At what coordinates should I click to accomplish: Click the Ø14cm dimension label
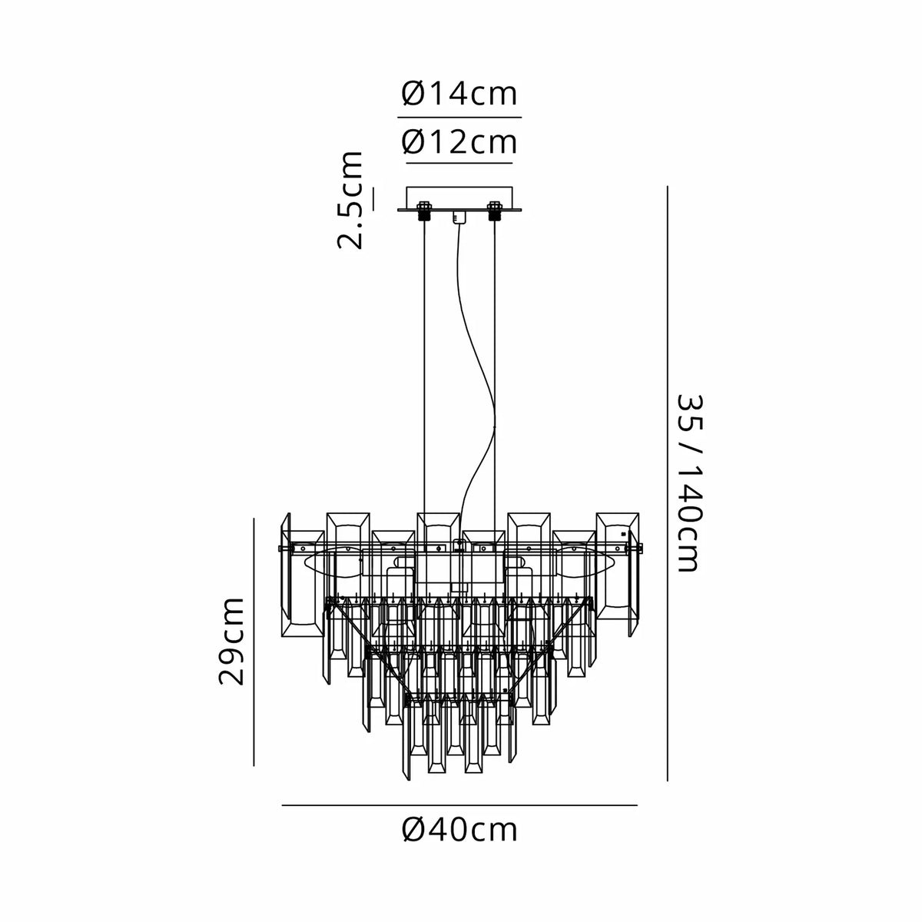pyautogui.click(x=459, y=95)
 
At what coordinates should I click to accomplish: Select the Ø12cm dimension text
pyautogui.click(x=459, y=142)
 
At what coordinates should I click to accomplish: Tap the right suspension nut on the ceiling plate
pyautogui.click(x=493, y=211)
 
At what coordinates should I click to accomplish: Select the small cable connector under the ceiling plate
pyautogui.click(x=459, y=217)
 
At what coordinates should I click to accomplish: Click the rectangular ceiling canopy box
pyautogui.click(x=459, y=198)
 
